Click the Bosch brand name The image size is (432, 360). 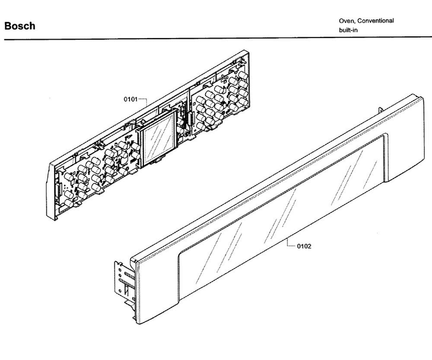pyautogui.click(x=20, y=26)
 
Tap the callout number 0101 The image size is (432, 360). pyautogui.click(x=131, y=99)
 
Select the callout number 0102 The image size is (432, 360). pyautogui.click(x=304, y=247)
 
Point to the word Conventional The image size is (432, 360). pyautogui.click(x=376, y=21)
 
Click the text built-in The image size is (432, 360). pyautogui.click(x=348, y=30)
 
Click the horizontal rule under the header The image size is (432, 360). pyautogui.click(x=218, y=38)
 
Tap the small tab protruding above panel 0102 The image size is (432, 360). pyautogui.click(x=381, y=110)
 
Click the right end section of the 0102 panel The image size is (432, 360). pyautogui.click(x=405, y=138)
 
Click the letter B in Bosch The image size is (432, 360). pyautogui.click(x=7, y=26)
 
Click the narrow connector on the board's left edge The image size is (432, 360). pyautogui.click(x=58, y=190)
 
